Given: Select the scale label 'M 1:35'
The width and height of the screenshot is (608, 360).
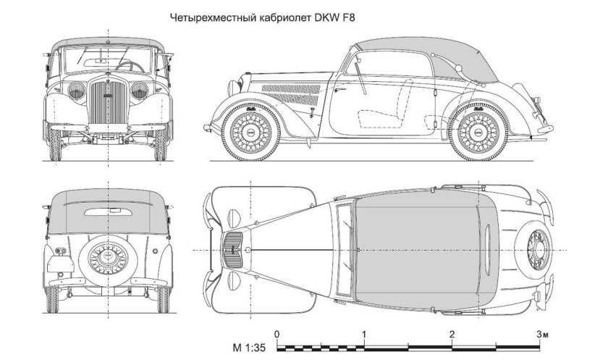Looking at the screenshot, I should coord(250,347).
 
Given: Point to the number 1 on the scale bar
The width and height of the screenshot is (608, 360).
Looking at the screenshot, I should coord(364,334).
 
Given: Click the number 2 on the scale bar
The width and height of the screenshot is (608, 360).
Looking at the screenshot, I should coord(452,334).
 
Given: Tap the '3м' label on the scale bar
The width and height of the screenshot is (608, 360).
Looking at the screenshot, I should coord(541,334).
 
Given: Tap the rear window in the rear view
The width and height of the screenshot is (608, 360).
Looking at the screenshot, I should coord(109,213).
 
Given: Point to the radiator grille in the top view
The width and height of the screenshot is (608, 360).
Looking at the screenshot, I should coord(232,249).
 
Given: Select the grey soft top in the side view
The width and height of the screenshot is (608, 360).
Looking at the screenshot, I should coord(420,54).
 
